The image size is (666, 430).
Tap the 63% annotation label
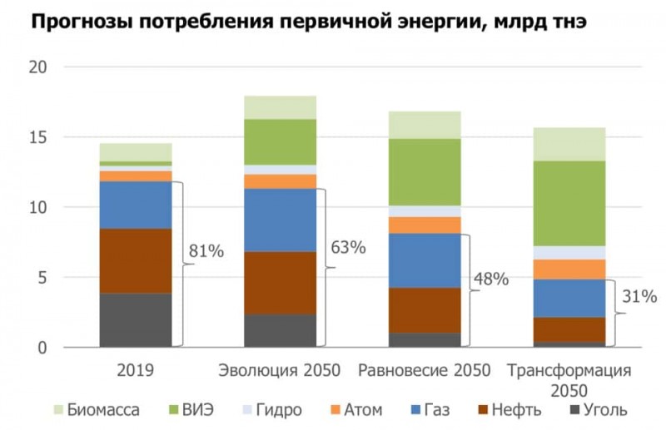tap(348, 247)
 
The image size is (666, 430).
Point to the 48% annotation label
tap(490, 279)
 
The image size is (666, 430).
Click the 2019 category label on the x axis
tap(136, 370)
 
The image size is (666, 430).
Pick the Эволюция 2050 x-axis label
tap(280, 370)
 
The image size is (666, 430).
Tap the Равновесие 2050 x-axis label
tap(425, 370)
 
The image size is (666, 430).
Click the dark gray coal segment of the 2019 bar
tap(136, 319)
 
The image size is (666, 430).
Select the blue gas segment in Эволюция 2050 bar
tap(280, 220)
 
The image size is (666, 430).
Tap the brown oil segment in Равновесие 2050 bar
tap(425, 310)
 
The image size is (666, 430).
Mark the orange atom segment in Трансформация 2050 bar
tap(569, 269)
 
